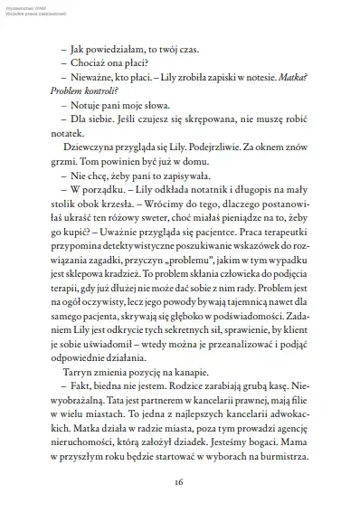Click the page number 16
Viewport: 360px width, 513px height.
179,481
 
